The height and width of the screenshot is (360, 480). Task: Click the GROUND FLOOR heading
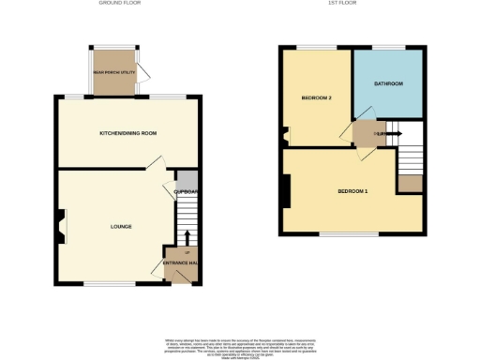(x=120, y=4)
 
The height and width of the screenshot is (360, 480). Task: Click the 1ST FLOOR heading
(x=352, y=4)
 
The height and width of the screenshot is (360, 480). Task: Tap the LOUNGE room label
(x=120, y=226)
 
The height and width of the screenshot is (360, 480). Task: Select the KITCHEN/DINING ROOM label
(x=127, y=134)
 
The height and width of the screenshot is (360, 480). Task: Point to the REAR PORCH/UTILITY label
(x=113, y=71)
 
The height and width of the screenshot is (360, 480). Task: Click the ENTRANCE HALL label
(x=180, y=263)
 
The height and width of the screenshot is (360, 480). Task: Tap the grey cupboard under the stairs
(x=188, y=180)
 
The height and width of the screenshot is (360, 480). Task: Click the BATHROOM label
(x=388, y=83)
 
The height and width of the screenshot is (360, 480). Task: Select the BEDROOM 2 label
(x=316, y=97)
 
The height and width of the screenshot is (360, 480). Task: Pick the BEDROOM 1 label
(x=352, y=191)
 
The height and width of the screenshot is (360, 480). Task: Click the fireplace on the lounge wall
(x=61, y=226)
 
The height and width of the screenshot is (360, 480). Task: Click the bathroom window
(x=388, y=47)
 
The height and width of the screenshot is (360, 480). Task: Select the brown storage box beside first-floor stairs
(x=410, y=183)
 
